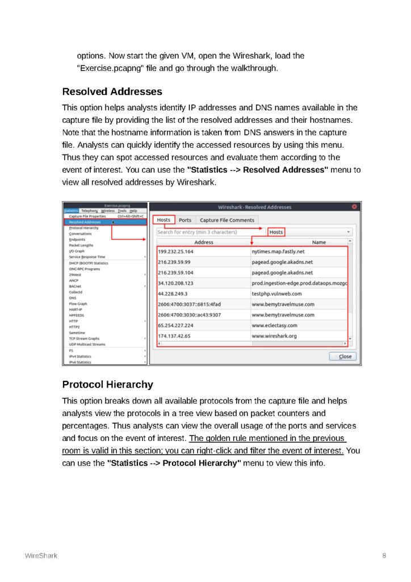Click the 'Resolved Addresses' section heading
[x=112, y=92]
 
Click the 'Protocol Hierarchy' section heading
[x=107, y=385]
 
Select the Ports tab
[x=185, y=220]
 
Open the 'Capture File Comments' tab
[x=227, y=220]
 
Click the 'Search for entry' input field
[x=204, y=232]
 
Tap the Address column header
[x=204, y=242]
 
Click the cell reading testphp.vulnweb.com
[x=276, y=293]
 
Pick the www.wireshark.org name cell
[x=274, y=336]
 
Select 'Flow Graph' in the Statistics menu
[x=78, y=304]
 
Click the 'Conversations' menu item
[x=80, y=234]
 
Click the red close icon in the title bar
[x=355, y=207]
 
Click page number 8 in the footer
[x=384, y=555]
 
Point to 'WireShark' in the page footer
[x=40, y=555]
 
